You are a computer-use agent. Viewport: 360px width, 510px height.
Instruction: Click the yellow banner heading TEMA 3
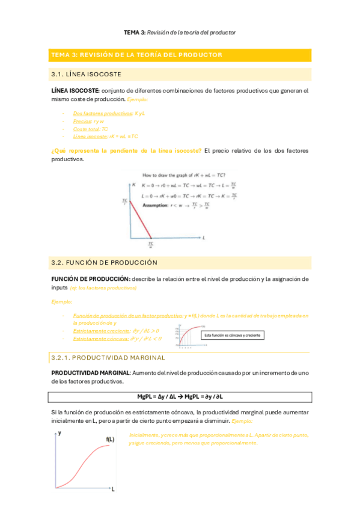click(137, 55)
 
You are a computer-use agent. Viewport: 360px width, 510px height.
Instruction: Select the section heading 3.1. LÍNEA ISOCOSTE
click(87, 75)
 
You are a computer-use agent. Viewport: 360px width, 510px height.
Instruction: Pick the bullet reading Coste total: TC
click(90, 129)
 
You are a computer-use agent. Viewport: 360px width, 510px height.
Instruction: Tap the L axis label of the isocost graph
click(204, 238)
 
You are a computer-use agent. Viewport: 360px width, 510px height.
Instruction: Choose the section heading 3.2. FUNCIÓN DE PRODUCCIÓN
click(105, 263)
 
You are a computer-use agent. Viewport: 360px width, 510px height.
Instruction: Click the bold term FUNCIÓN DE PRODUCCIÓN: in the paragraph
click(91, 279)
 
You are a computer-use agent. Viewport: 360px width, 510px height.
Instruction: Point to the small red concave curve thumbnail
click(188, 335)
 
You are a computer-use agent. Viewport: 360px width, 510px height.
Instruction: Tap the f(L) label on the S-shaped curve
click(111, 439)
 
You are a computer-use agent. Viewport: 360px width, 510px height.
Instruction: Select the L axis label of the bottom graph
click(112, 490)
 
